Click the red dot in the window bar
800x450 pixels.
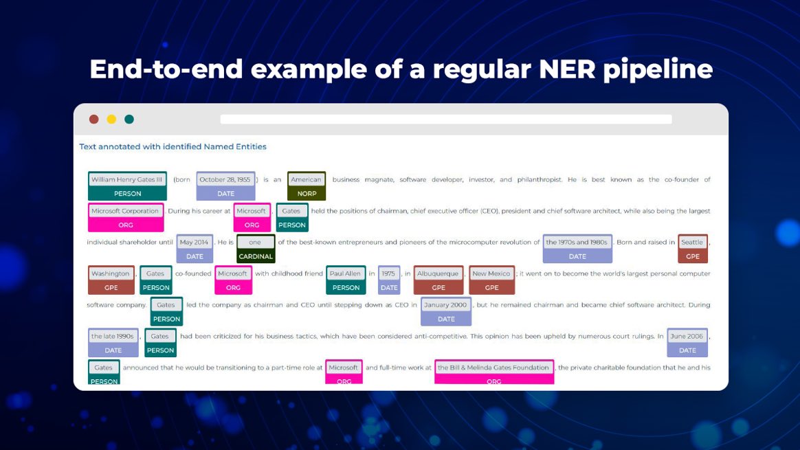point(94,120)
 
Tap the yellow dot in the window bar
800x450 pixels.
point(111,120)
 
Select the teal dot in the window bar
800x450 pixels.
point(129,120)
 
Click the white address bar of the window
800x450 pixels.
point(445,120)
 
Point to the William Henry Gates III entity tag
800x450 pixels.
point(127,186)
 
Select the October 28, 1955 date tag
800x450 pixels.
point(225,186)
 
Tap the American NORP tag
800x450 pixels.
point(307,186)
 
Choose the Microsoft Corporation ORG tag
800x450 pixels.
point(126,217)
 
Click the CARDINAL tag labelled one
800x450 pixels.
point(256,249)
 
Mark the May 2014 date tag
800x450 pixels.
point(195,249)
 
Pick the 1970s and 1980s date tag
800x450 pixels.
point(577,249)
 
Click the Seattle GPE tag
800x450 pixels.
point(692,249)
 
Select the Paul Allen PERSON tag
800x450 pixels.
point(346,280)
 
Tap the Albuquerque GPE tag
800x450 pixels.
point(438,280)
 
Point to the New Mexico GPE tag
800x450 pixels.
point(491,280)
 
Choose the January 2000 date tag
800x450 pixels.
point(446,311)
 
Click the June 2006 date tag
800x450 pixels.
point(687,343)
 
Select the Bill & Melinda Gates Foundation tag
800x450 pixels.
point(493,373)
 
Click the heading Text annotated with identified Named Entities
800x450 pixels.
point(173,147)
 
